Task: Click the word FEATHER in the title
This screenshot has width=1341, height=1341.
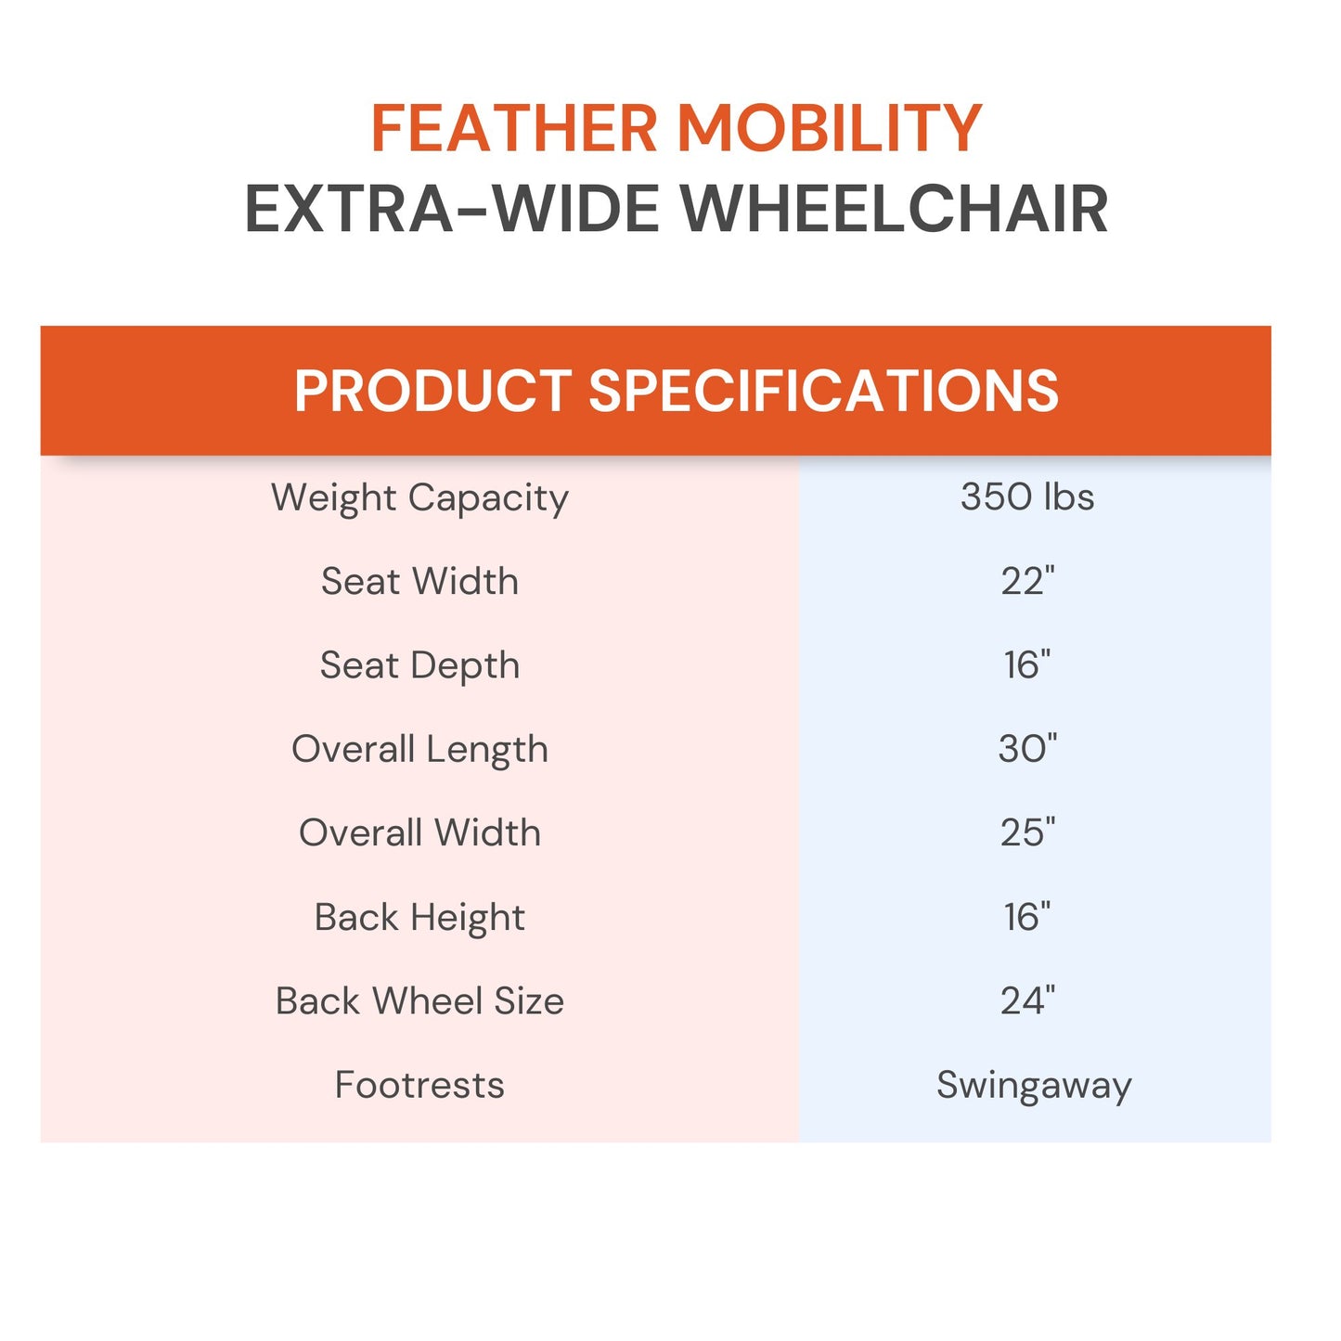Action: pyautogui.click(x=514, y=128)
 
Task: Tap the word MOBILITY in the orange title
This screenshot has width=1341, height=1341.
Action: pyautogui.click(x=829, y=128)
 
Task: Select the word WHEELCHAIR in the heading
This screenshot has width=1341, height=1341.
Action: pyautogui.click(x=895, y=209)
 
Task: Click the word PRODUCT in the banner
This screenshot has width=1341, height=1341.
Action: pyautogui.click(x=432, y=391)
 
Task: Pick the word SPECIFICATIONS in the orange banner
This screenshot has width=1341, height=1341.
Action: pyautogui.click(x=823, y=391)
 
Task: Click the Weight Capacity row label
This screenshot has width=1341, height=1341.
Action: pyautogui.click(x=419, y=498)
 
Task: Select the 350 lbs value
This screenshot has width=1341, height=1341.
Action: pyautogui.click(x=1027, y=497)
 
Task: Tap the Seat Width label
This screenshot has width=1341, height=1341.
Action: pyautogui.click(x=419, y=582)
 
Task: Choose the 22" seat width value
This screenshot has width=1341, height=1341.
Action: pyautogui.click(x=1027, y=582)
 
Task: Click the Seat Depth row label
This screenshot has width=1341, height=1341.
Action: pyautogui.click(x=419, y=666)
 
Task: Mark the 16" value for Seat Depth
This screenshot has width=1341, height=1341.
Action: pyautogui.click(x=1027, y=665)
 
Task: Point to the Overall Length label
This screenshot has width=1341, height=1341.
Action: pyautogui.click(x=419, y=750)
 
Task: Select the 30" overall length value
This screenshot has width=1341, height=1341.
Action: pyautogui.click(x=1027, y=749)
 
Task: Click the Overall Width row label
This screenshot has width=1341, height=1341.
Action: pyautogui.click(x=419, y=833)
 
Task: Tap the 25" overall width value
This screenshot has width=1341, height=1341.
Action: pyautogui.click(x=1027, y=833)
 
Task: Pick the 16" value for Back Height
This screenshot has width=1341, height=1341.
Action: pyautogui.click(x=1027, y=917)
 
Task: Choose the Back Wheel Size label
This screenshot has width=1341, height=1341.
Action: pyautogui.click(x=419, y=1001)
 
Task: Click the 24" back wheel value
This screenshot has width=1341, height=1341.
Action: pyautogui.click(x=1027, y=1001)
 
